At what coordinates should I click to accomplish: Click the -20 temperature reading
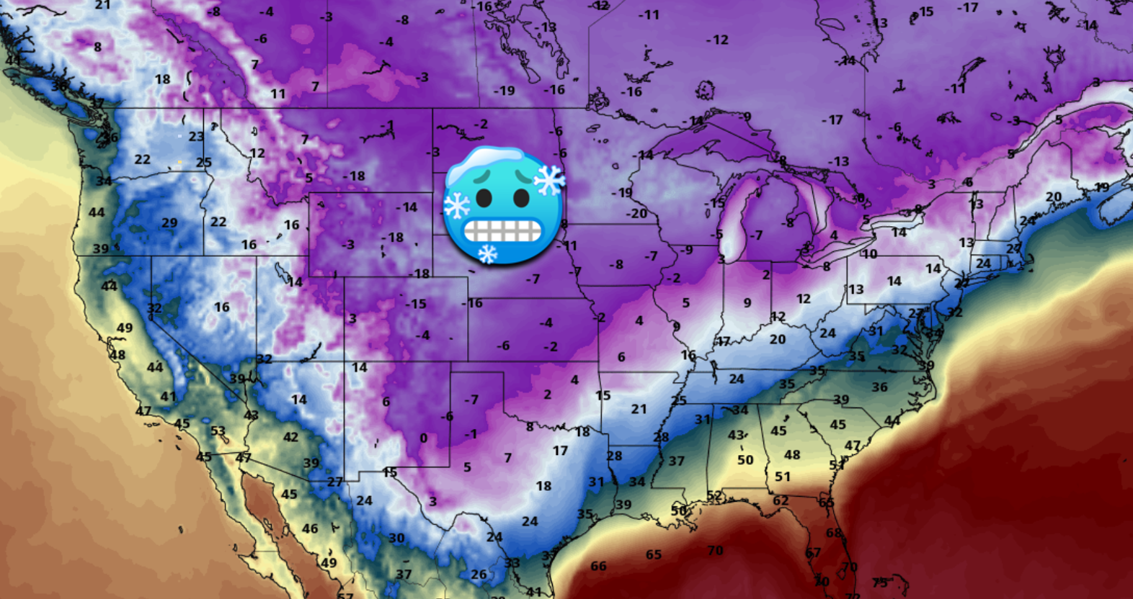[x=636, y=213]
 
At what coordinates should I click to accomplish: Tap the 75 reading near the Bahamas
[x=880, y=582]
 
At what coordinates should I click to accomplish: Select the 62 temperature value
[x=781, y=500]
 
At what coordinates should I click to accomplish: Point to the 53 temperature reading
[x=218, y=431]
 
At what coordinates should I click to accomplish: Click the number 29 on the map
[x=169, y=223]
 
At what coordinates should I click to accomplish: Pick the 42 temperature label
[x=290, y=437]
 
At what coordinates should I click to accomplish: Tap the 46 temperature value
[x=310, y=528]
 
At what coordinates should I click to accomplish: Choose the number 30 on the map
[x=396, y=538]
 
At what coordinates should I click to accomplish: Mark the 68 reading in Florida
[x=834, y=533]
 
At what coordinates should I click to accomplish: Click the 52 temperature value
[x=714, y=495]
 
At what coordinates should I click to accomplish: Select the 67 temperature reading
[x=813, y=553]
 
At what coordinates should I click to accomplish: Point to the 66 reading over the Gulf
[x=598, y=566]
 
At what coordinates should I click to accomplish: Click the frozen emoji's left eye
[x=484, y=197]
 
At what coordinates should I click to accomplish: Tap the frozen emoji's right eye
[x=520, y=197]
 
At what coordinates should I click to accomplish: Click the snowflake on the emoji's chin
[x=488, y=253]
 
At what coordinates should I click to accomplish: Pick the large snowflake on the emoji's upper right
[x=549, y=181]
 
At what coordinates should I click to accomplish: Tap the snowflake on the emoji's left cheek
[x=457, y=206]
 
